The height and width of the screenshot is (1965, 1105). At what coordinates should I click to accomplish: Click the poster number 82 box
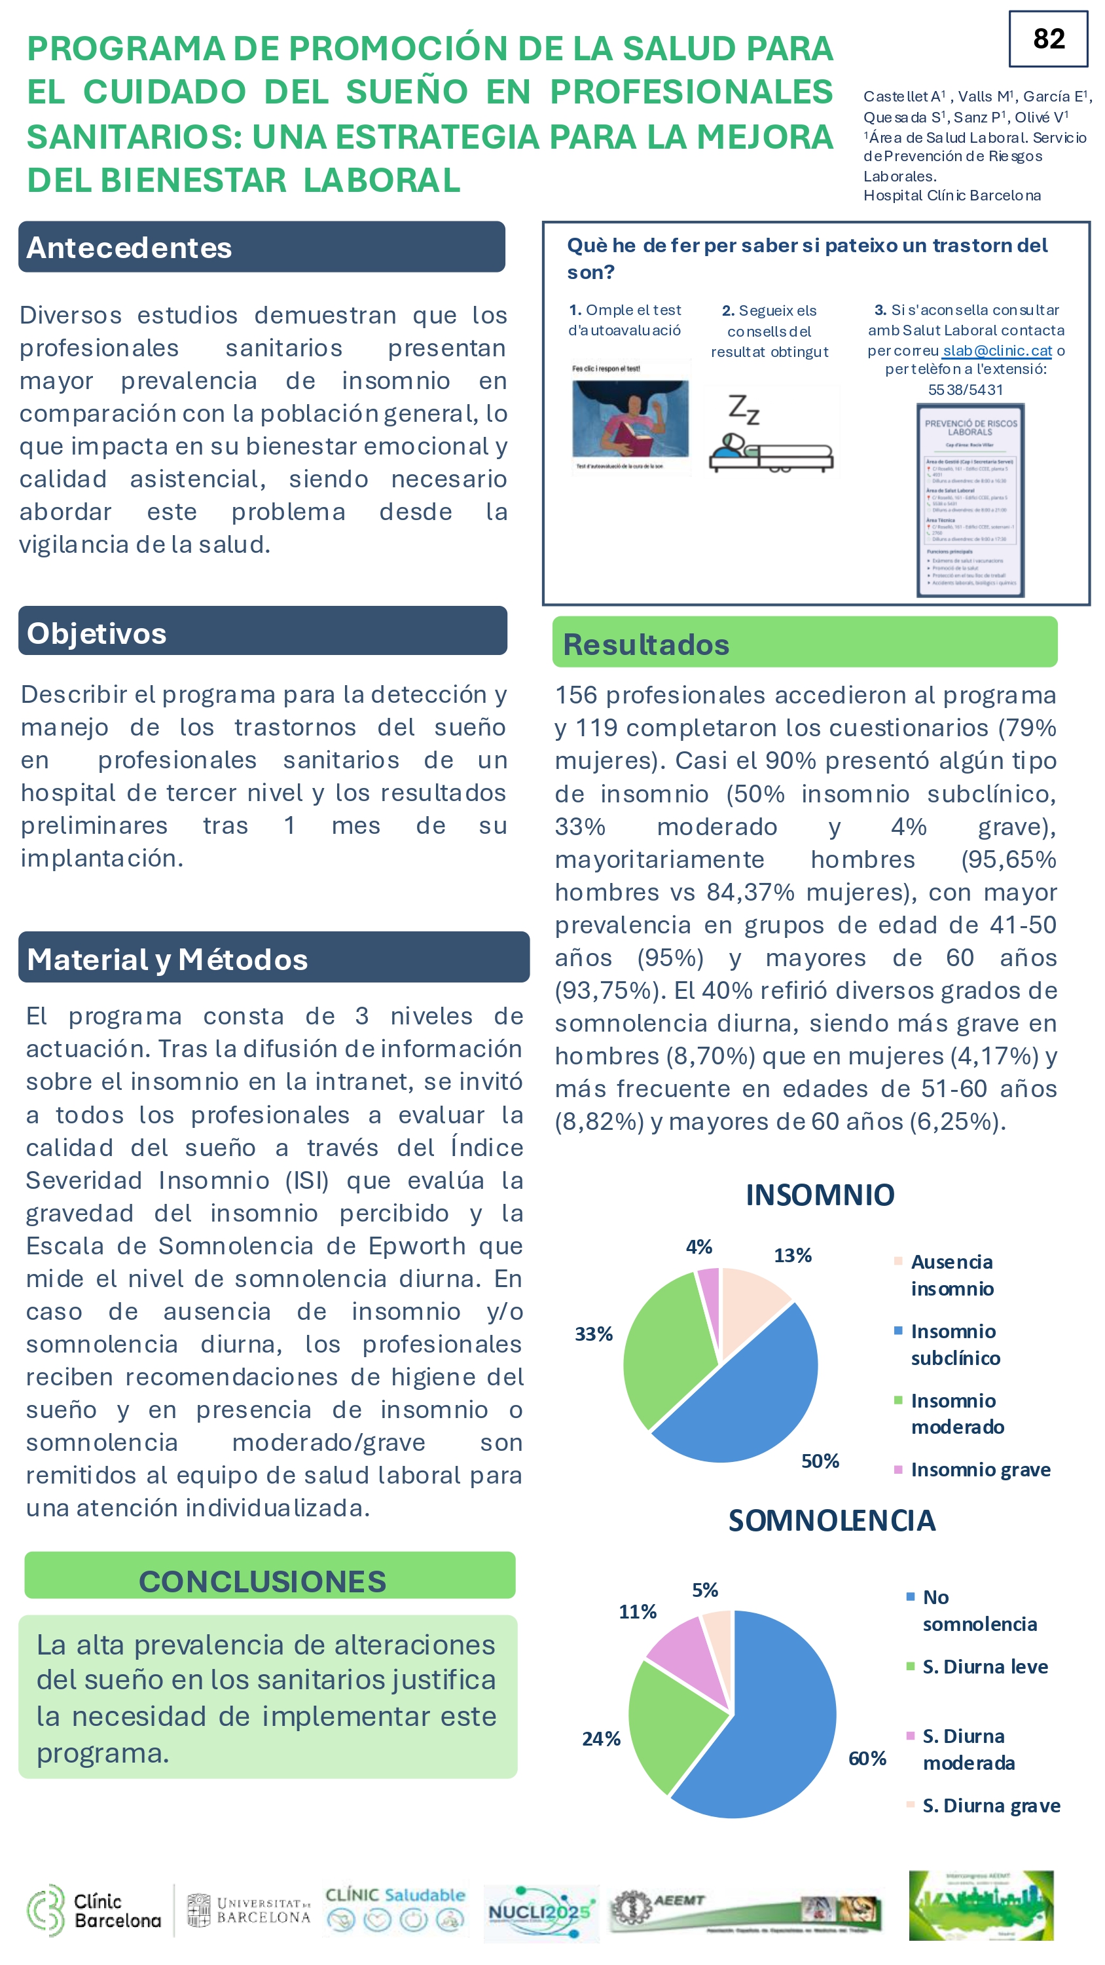tap(1048, 39)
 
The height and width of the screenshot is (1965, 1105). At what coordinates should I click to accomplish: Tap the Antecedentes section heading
tap(129, 248)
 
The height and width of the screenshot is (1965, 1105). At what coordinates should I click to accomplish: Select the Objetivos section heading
tap(97, 633)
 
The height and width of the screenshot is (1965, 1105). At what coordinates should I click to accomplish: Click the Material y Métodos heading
tap(167, 959)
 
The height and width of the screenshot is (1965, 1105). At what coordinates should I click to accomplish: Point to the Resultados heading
tap(646, 645)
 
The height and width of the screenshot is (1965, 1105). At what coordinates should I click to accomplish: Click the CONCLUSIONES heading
tap(263, 1581)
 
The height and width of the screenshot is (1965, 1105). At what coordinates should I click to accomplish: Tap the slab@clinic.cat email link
tap(998, 350)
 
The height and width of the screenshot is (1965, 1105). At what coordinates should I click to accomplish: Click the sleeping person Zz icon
tap(770, 432)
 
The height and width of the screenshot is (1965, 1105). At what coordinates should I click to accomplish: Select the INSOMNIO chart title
tap(820, 1195)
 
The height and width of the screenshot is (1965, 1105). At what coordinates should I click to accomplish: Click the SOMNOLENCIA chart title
tap(831, 1520)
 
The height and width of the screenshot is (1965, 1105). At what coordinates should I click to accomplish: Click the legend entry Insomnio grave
tap(980, 1469)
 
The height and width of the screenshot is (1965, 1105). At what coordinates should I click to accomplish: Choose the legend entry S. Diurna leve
tap(985, 1666)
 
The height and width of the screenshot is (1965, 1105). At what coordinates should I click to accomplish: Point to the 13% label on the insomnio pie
tap(792, 1255)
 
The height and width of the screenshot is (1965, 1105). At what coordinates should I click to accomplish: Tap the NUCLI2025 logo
tap(540, 1911)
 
